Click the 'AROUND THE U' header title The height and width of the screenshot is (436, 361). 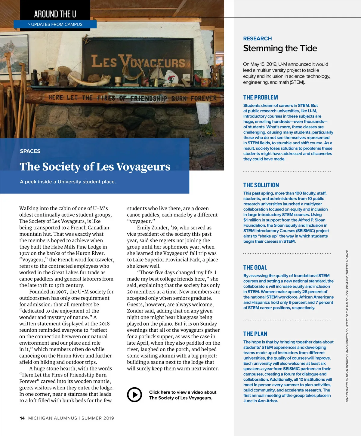(55, 14)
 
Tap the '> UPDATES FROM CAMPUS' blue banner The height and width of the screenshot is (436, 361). (55, 24)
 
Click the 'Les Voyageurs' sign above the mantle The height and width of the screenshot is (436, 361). (138, 62)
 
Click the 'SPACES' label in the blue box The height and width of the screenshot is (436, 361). (30, 151)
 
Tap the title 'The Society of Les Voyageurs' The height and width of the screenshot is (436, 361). (95, 167)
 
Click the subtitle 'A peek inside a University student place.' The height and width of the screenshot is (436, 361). (68, 182)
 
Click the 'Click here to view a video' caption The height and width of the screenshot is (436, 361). (182, 395)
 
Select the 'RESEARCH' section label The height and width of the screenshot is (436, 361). (257, 38)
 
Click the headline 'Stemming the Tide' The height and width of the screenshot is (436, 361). (280, 48)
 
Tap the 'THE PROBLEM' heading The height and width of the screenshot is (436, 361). (261, 97)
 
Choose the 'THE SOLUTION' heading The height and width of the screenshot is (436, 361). (261, 185)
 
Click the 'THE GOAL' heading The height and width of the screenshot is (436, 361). (255, 268)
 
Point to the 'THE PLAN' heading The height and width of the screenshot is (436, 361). (255, 334)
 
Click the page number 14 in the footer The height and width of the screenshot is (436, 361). (22, 418)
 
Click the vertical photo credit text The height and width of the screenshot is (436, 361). (347, 326)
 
